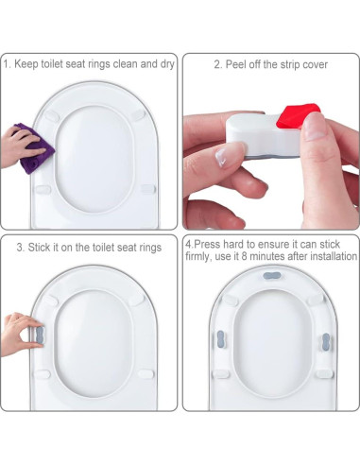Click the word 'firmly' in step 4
pyautogui.click(x=199, y=257)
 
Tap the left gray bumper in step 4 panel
pyautogui.click(x=219, y=337)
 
